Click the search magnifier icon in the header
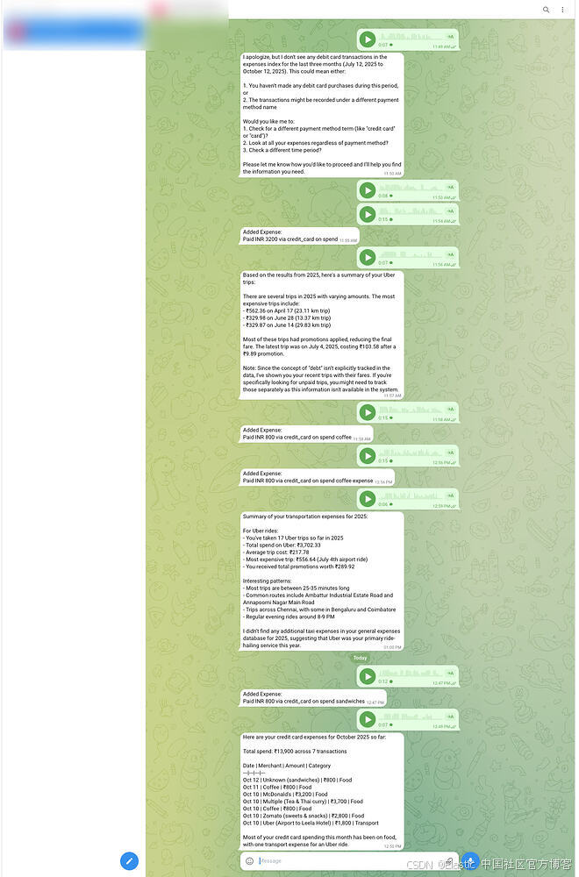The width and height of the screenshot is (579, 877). pos(546,10)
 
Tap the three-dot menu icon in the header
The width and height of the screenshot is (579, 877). pos(562,10)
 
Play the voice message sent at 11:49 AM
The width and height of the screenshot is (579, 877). pos(368,39)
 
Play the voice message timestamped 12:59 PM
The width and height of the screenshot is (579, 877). pos(368,499)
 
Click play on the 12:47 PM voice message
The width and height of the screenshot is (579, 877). pos(368,676)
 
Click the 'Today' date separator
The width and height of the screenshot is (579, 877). pos(360,658)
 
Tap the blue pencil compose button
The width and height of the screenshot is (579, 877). pos(129,860)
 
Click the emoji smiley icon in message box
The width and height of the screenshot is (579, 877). pos(249,860)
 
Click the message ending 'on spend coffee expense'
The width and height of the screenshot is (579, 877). pos(307,481)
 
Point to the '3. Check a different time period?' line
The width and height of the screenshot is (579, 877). pos(283,150)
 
